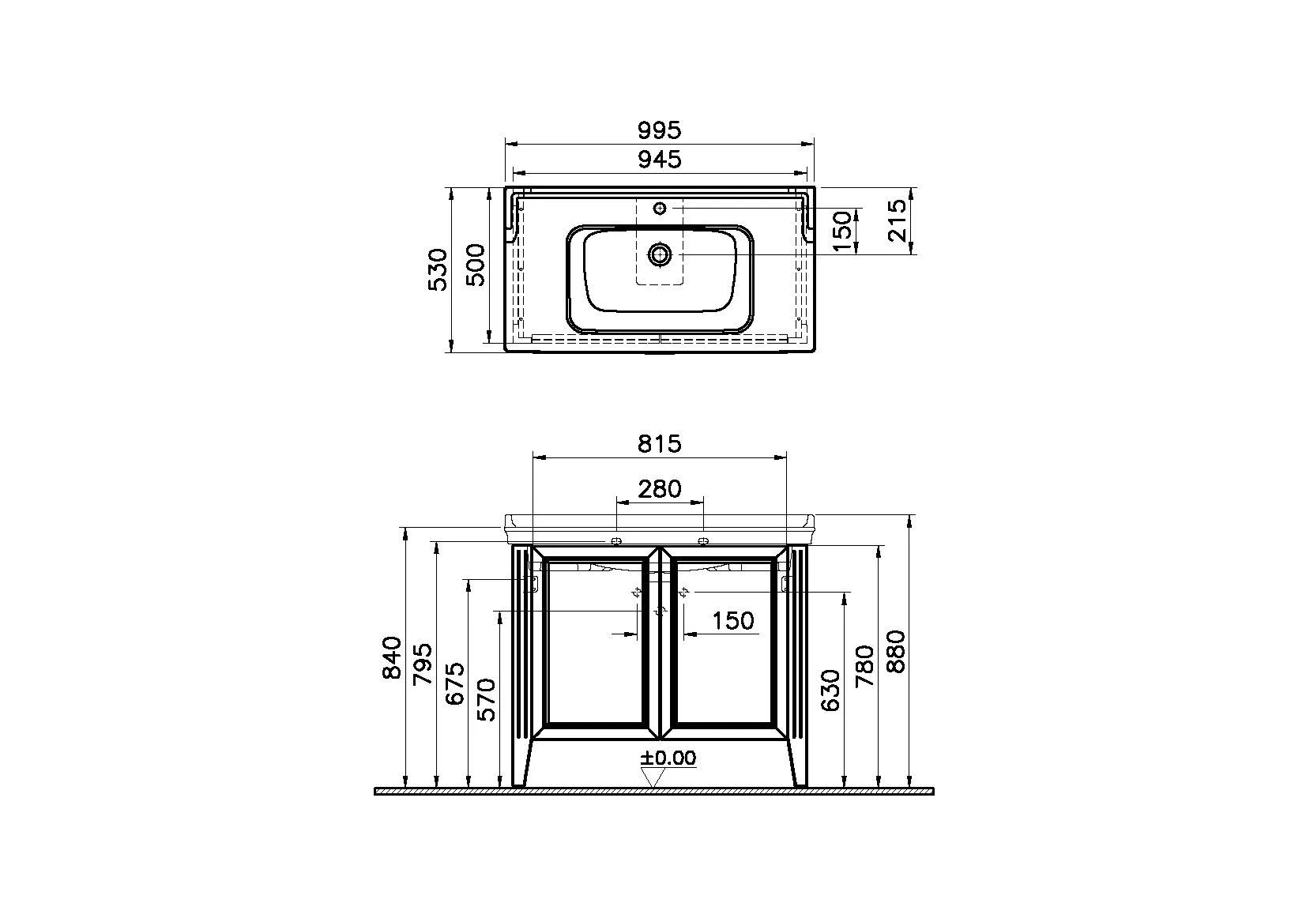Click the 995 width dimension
click(x=659, y=130)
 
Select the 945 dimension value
click(x=660, y=160)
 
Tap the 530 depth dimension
click(x=438, y=269)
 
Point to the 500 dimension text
click(x=476, y=265)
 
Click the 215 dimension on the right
click(x=898, y=220)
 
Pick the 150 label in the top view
click(x=843, y=231)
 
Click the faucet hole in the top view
click(x=660, y=208)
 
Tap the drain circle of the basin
click(x=660, y=254)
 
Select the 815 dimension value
click(x=660, y=444)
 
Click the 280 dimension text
click(x=660, y=489)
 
